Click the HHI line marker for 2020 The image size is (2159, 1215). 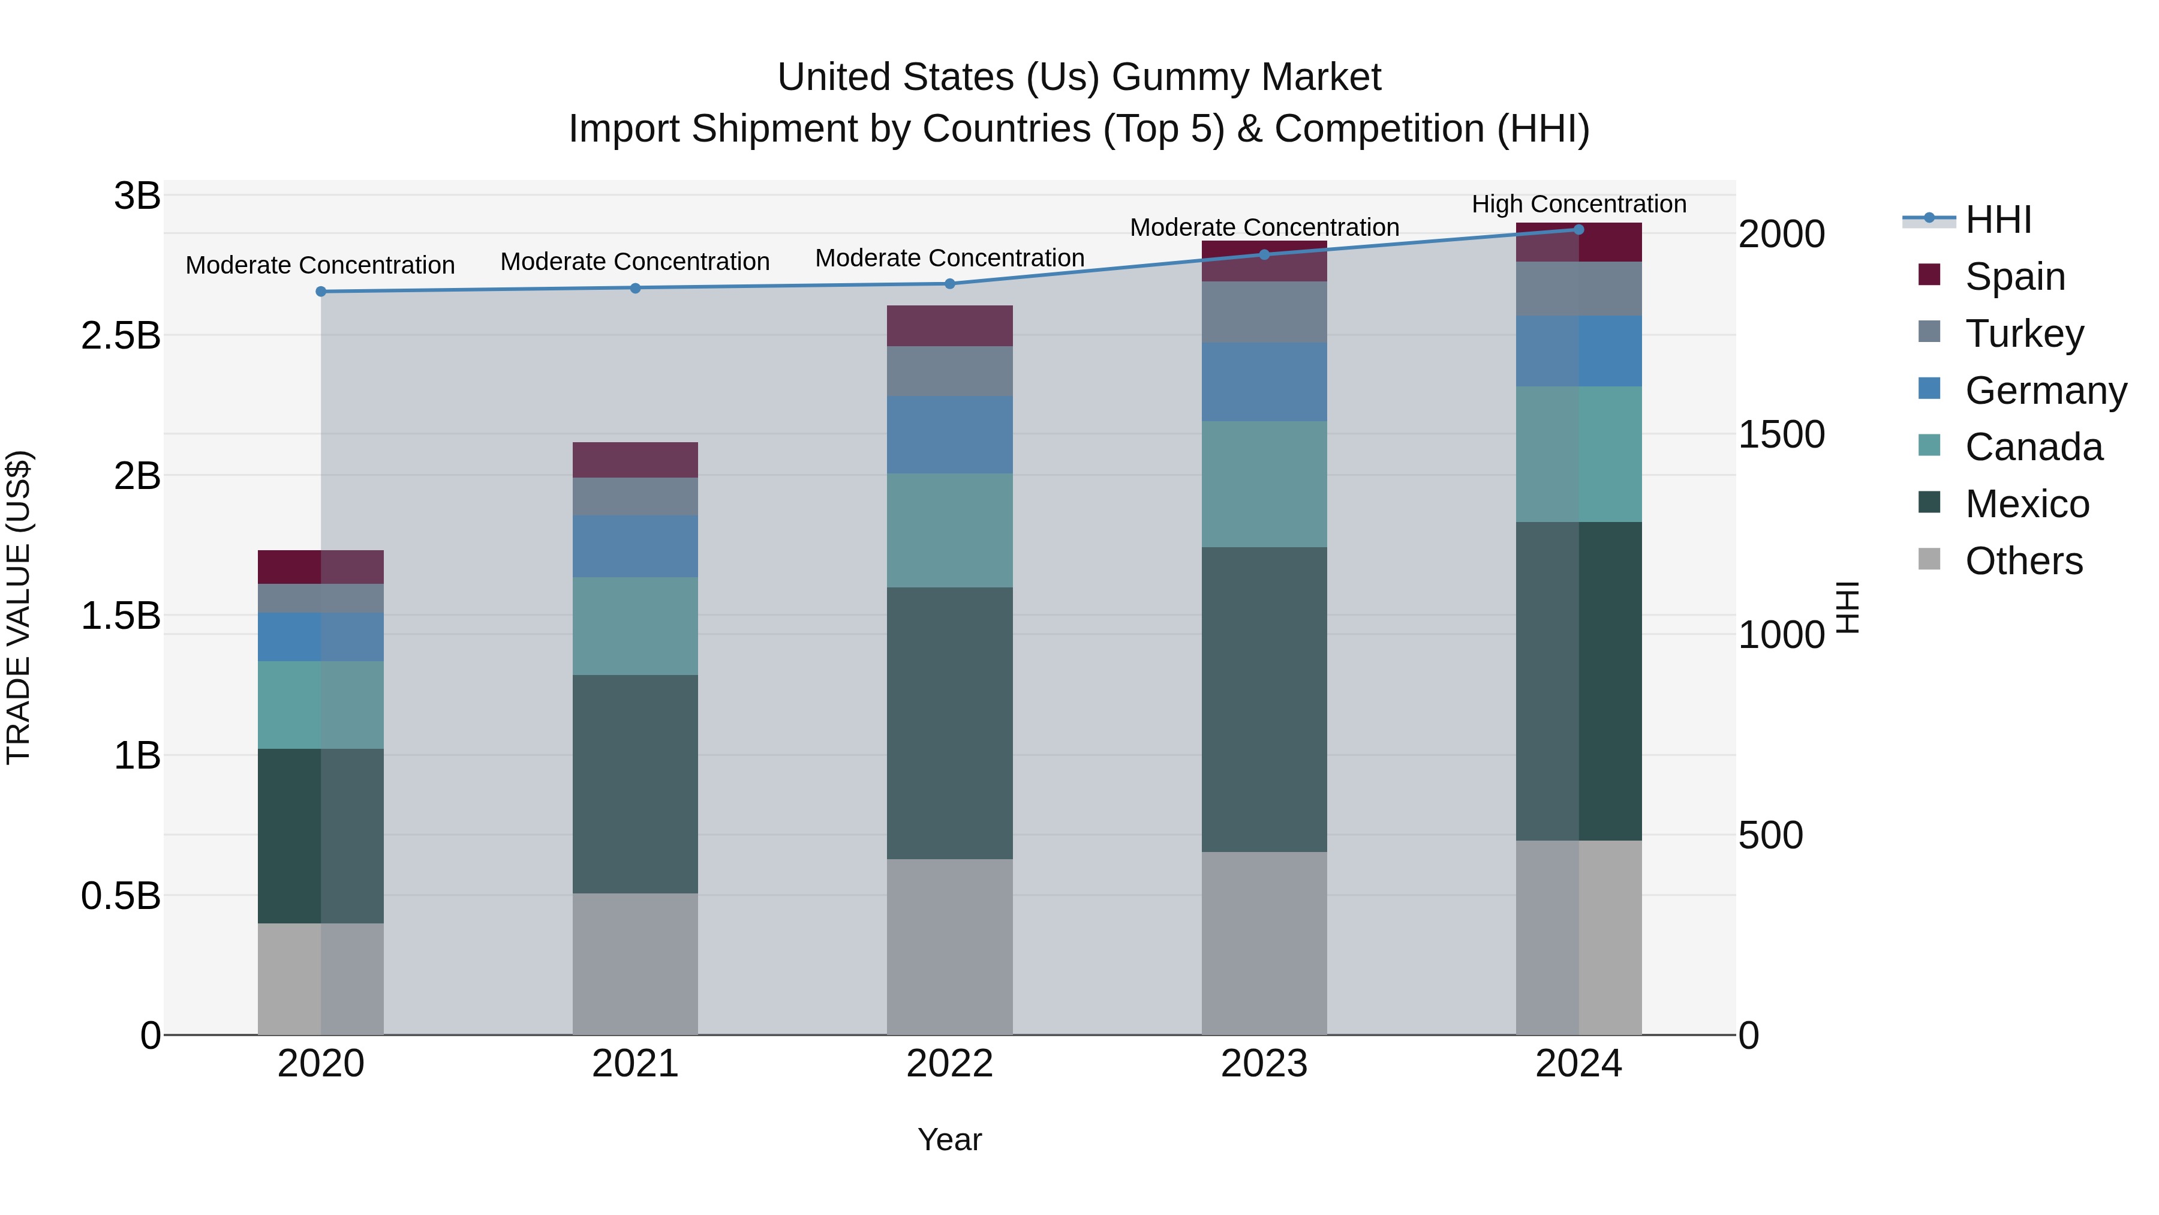coord(321,292)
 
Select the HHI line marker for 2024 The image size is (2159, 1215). coord(1578,230)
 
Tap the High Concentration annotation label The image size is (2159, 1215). coord(1578,204)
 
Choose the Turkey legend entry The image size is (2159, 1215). coord(2023,334)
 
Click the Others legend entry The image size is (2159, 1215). coord(2023,561)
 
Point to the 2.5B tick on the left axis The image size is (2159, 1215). coord(121,336)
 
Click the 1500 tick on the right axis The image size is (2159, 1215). coord(1781,434)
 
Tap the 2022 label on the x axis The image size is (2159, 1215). coord(949,1064)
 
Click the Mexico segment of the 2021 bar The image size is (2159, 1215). coord(635,784)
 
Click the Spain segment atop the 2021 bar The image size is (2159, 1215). coord(635,460)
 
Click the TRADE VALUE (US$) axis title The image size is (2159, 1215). coord(19,607)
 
